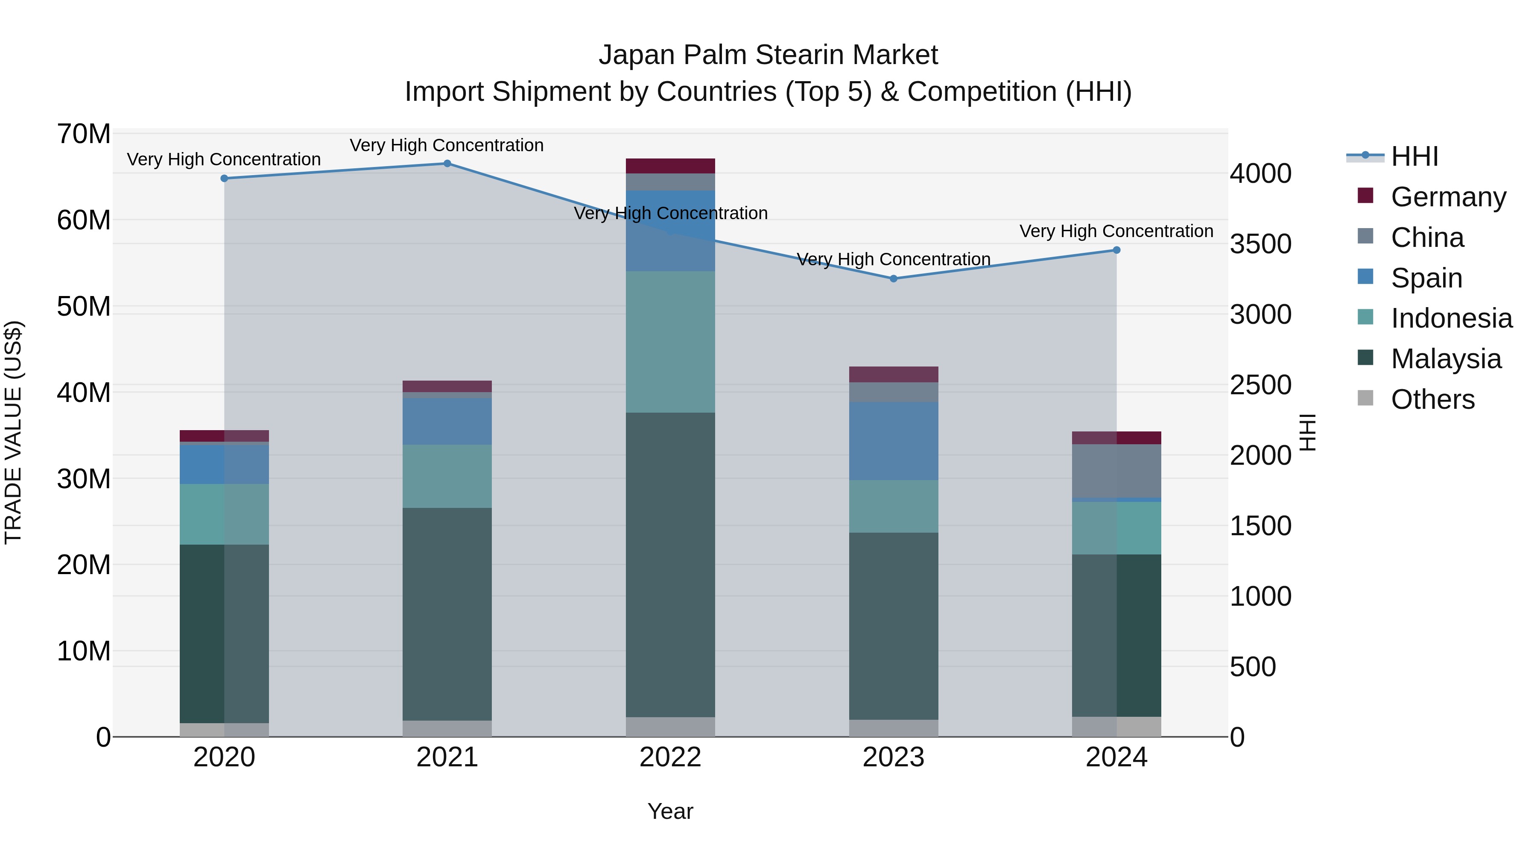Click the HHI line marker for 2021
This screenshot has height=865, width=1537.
pos(447,164)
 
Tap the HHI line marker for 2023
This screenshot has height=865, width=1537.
pos(893,279)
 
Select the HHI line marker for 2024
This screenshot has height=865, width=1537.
pos(1116,250)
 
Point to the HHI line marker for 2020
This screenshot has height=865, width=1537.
pos(224,179)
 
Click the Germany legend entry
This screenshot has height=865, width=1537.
pos(1448,197)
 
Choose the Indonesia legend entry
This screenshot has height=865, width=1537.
pos(1451,318)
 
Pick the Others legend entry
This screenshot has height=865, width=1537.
pos(1432,399)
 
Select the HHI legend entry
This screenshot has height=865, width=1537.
pos(1414,156)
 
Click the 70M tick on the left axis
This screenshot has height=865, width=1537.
pos(84,134)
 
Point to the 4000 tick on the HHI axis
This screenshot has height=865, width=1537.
pos(1261,174)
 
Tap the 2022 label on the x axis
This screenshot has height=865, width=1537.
pos(670,757)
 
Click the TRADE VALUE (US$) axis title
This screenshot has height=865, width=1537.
pos(13,432)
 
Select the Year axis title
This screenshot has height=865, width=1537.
pos(670,811)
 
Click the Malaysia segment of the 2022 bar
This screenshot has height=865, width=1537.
pos(670,564)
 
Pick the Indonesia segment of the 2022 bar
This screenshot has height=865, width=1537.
pos(670,342)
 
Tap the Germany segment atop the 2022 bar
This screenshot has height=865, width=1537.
pos(670,166)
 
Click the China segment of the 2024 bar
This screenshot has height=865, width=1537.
pos(1116,471)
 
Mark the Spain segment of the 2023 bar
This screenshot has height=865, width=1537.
pos(893,441)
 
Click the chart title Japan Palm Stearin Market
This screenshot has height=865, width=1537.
pos(768,55)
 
